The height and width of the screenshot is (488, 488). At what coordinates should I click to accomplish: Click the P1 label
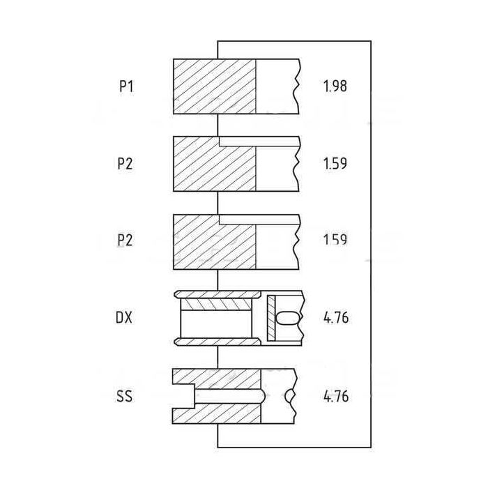tap(126, 86)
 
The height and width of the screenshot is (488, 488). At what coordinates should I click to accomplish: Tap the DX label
tap(124, 318)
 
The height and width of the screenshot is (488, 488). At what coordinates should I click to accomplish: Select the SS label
tap(124, 396)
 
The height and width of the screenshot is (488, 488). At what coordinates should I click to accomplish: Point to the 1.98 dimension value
tap(335, 86)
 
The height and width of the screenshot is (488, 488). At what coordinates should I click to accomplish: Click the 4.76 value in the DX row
tap(336, 318)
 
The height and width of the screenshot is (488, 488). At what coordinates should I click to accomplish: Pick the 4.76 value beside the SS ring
tap(336, 396)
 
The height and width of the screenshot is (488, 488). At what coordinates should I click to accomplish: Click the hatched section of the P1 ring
tap(215, 86)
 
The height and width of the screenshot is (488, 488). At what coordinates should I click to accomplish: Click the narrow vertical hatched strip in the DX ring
tap(271, 318)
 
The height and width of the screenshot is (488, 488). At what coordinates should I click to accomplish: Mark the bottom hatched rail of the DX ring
tap(218, 342)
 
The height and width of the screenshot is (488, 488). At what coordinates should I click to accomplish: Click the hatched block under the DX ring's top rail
tap(215, 305)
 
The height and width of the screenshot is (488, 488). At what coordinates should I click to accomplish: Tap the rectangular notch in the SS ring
tap(183, 396)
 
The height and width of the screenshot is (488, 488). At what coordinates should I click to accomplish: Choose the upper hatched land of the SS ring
tap(217, 379)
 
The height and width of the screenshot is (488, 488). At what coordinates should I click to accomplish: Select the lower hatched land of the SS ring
tap(217, 413)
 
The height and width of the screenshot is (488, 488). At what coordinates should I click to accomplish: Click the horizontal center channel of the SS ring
tap(229, 396)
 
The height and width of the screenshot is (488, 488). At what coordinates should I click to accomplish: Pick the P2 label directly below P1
tap(125, 163)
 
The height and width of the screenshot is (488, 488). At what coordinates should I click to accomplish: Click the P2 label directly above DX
tap(125, 241)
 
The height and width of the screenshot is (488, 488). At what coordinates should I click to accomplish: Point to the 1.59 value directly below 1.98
tap(335, 163)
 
